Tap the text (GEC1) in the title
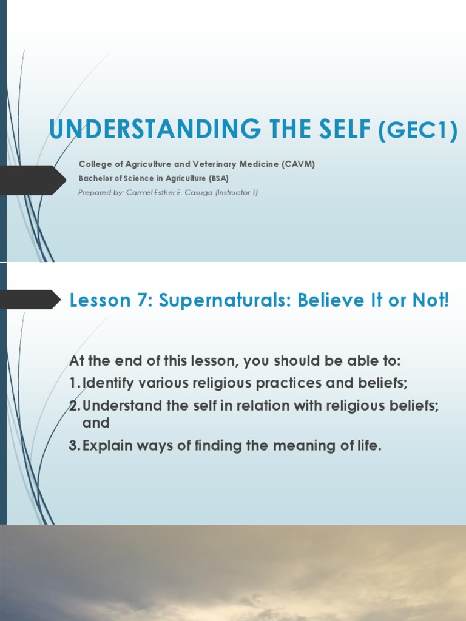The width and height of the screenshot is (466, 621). (417, 130)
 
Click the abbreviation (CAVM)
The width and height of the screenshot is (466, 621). (297, 164)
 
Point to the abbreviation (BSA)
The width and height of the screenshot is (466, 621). (218, 178)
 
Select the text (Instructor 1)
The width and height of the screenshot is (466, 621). (238, 193)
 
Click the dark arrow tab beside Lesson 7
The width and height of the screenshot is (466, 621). (30, 300)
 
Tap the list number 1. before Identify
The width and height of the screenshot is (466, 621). (75, 383)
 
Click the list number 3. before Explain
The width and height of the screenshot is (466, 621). (75, 446)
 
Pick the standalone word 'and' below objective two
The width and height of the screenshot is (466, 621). (96, 423)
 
